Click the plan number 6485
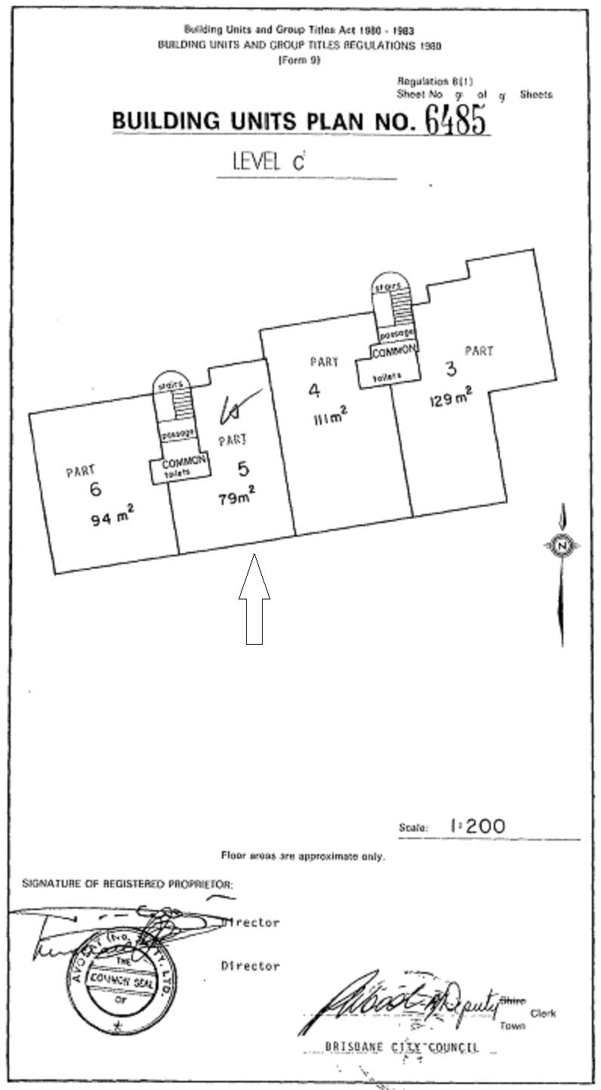(x=455, y=119)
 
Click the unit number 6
(x=95, y=489)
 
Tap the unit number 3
(x=451, y=370)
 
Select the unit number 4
(x=313, y=390)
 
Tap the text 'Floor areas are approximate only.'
(x=303, y=856)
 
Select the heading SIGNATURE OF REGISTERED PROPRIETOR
(x=128, y=883)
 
